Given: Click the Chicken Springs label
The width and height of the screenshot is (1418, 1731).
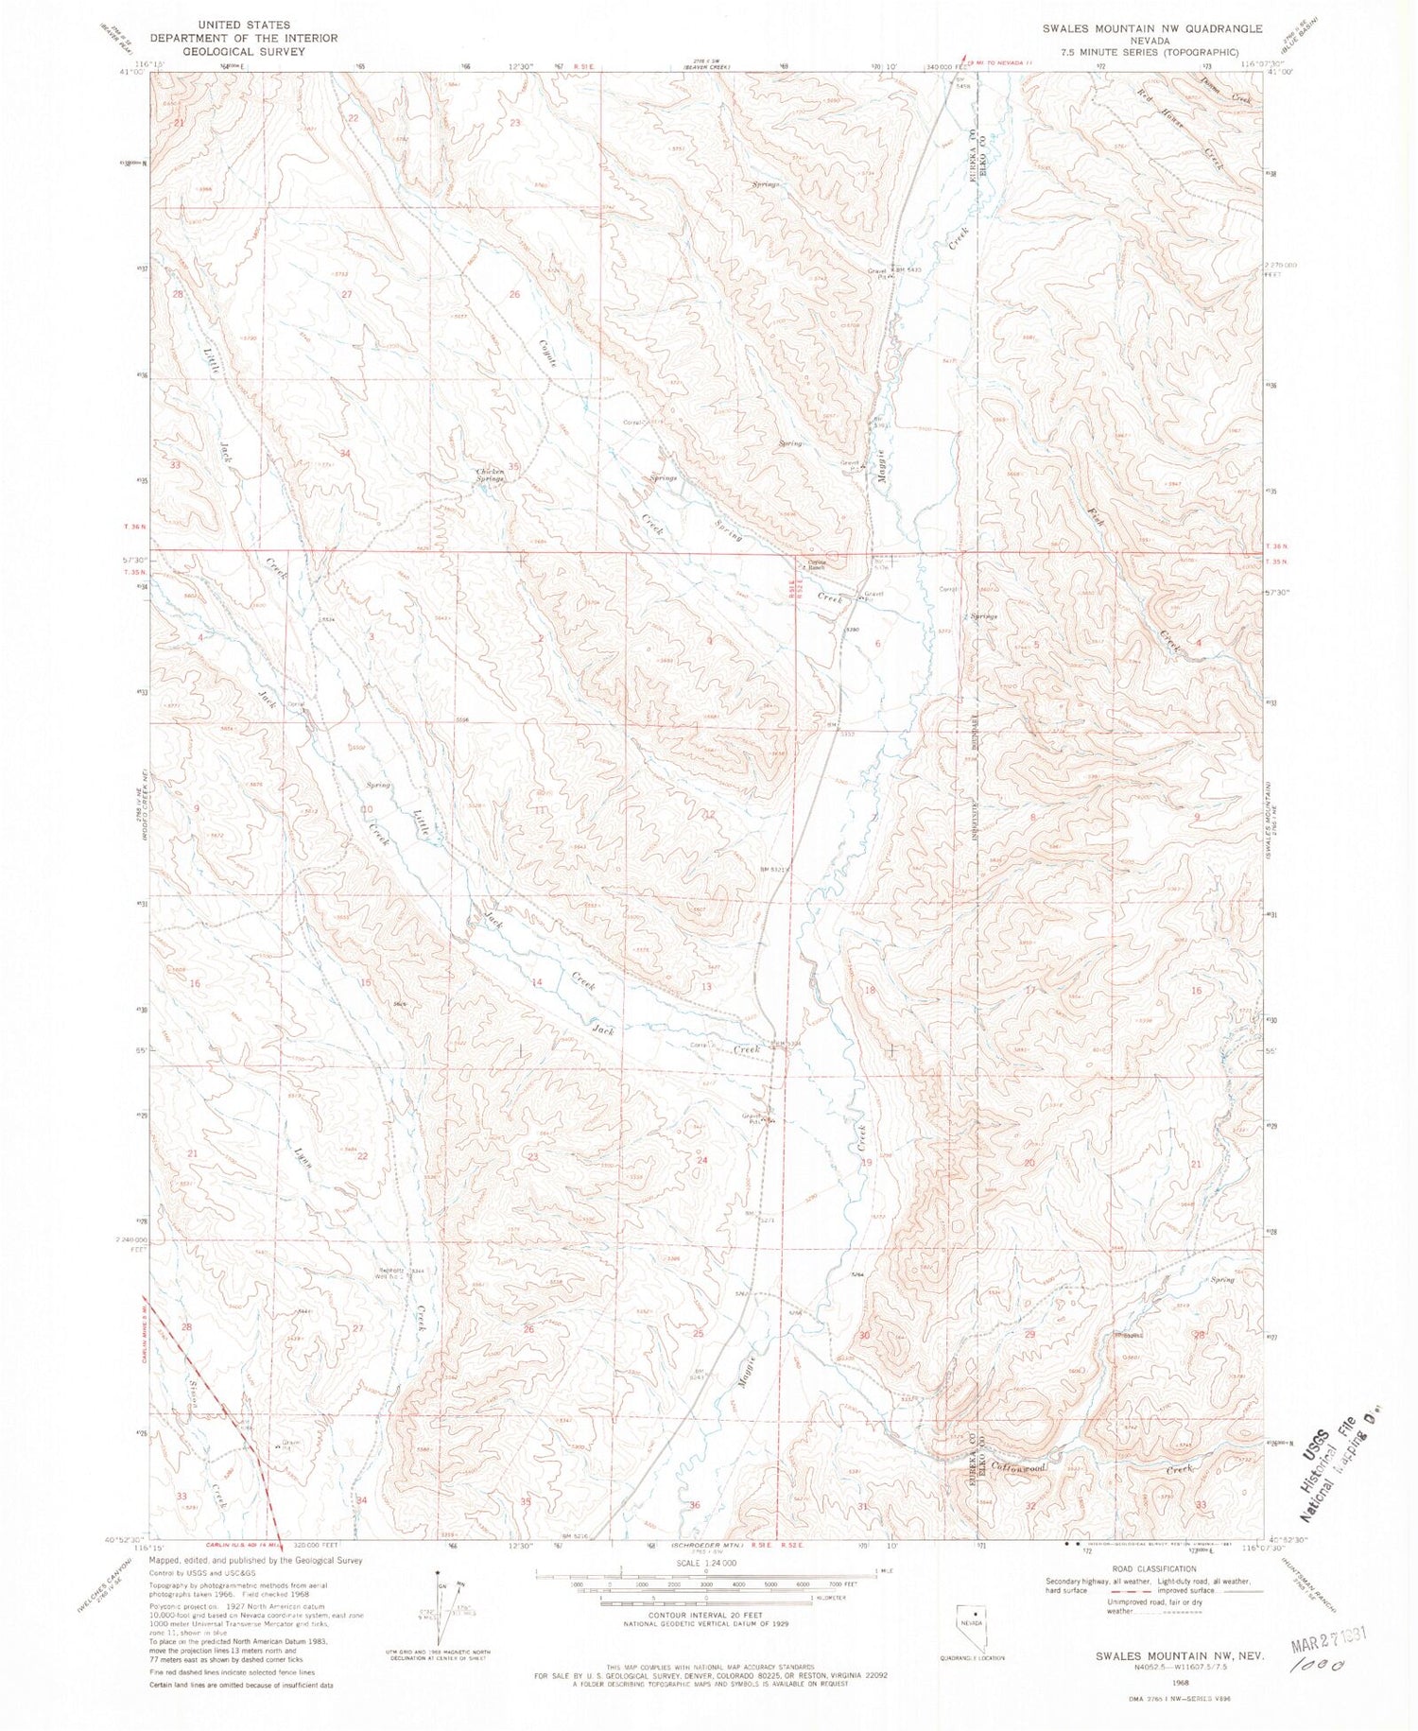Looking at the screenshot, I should tap(490, 476).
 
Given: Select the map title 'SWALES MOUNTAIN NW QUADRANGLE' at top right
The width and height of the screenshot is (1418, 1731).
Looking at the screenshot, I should tap(1152, 28).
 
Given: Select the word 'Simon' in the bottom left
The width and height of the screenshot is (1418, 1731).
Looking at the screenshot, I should tap(192, 1400).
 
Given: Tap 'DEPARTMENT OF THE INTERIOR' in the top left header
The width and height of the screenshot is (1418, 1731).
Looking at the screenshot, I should tap(244, 38).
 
